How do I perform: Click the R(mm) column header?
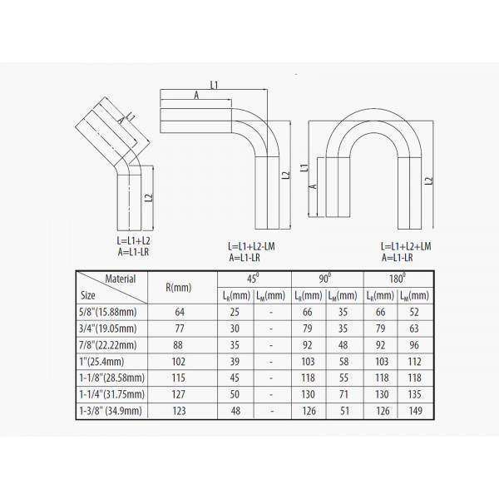tap(179, 288)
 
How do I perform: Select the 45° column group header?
tap(253, 279)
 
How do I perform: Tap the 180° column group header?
tap(398, 279)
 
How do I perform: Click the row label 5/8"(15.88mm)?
tap(108, 312)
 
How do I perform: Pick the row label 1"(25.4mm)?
tap(101, 362)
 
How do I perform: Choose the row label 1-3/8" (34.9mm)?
tap(111, 411)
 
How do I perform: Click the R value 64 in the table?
tap(180, 312)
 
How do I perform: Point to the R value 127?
tap(178, 394)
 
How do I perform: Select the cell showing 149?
tap(415, 411)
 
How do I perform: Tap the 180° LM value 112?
tap(414, 362)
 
